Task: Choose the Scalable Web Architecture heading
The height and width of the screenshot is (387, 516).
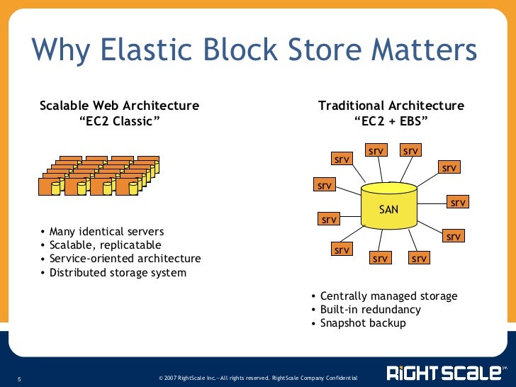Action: (119, 106)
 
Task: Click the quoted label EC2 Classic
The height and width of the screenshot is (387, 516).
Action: (119, 120)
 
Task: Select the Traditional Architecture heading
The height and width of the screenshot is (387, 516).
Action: (391, 106)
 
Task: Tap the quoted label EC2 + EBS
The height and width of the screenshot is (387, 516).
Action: (391, 120)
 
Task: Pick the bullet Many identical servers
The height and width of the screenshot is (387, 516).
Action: (106, 232)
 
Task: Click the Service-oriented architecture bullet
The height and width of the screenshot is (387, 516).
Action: (125, 259)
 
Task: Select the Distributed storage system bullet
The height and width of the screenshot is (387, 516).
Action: (118, 272)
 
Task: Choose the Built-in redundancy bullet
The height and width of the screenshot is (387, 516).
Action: (370, 310)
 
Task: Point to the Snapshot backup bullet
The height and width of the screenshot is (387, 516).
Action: (363, 323)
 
